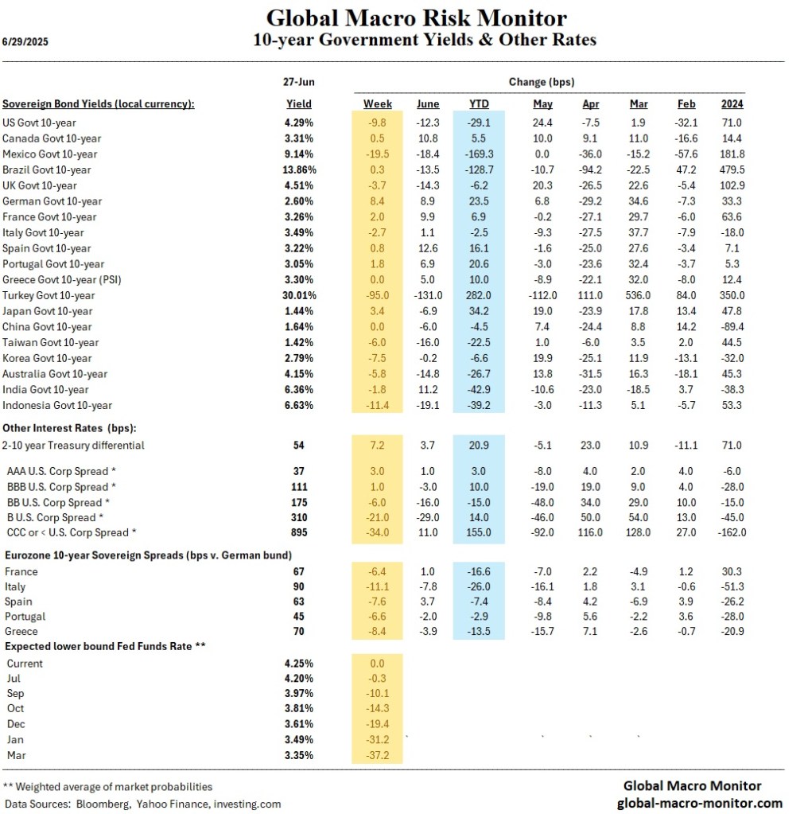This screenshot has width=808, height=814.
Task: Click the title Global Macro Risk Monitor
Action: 416,18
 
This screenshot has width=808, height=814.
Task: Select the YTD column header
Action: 479,103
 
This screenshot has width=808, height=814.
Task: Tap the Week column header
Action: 378,103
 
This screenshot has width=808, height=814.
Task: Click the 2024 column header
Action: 732,103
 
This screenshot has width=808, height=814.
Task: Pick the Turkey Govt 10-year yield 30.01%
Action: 299,295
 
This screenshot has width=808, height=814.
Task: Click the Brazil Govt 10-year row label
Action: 47,169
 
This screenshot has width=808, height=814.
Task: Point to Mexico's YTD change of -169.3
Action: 479,154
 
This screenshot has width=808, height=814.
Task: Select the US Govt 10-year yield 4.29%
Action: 299,123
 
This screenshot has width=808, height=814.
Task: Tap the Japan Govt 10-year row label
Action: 48,311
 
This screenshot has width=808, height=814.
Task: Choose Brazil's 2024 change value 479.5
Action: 732,169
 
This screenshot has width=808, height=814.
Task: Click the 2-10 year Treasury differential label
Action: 74,445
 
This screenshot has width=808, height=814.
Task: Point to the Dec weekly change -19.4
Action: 378,723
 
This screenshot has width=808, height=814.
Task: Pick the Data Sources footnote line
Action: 142,804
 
